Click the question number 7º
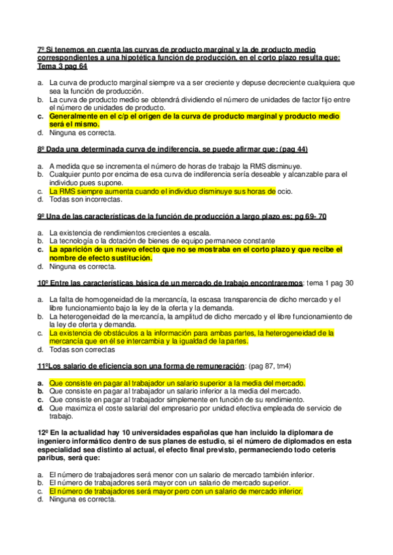click(x=41, y=49)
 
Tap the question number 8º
click(x=41, y=149)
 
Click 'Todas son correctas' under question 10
click(x=82, y=349)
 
